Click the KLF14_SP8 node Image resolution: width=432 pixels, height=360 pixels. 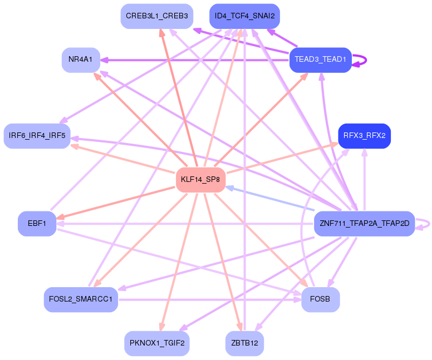[200, 179]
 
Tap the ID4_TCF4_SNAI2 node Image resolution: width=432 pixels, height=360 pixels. [244, 16]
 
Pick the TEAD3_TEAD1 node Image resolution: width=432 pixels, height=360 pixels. [320, 60]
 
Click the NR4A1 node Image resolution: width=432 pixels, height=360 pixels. [81, 60]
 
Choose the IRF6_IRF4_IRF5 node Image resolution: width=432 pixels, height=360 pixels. [37, 135]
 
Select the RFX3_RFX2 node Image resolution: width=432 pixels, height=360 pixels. [365, 135]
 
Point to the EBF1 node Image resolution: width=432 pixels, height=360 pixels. [37, 224]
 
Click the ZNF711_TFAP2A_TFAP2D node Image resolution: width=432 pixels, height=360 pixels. [365, 224]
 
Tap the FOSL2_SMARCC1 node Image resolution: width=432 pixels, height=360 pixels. [81, 299]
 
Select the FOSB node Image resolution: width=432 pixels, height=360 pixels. [320, 299]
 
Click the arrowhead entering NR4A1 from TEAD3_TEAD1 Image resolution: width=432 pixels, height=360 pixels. [105, 60]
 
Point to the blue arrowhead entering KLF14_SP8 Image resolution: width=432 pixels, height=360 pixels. [229, 188]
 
